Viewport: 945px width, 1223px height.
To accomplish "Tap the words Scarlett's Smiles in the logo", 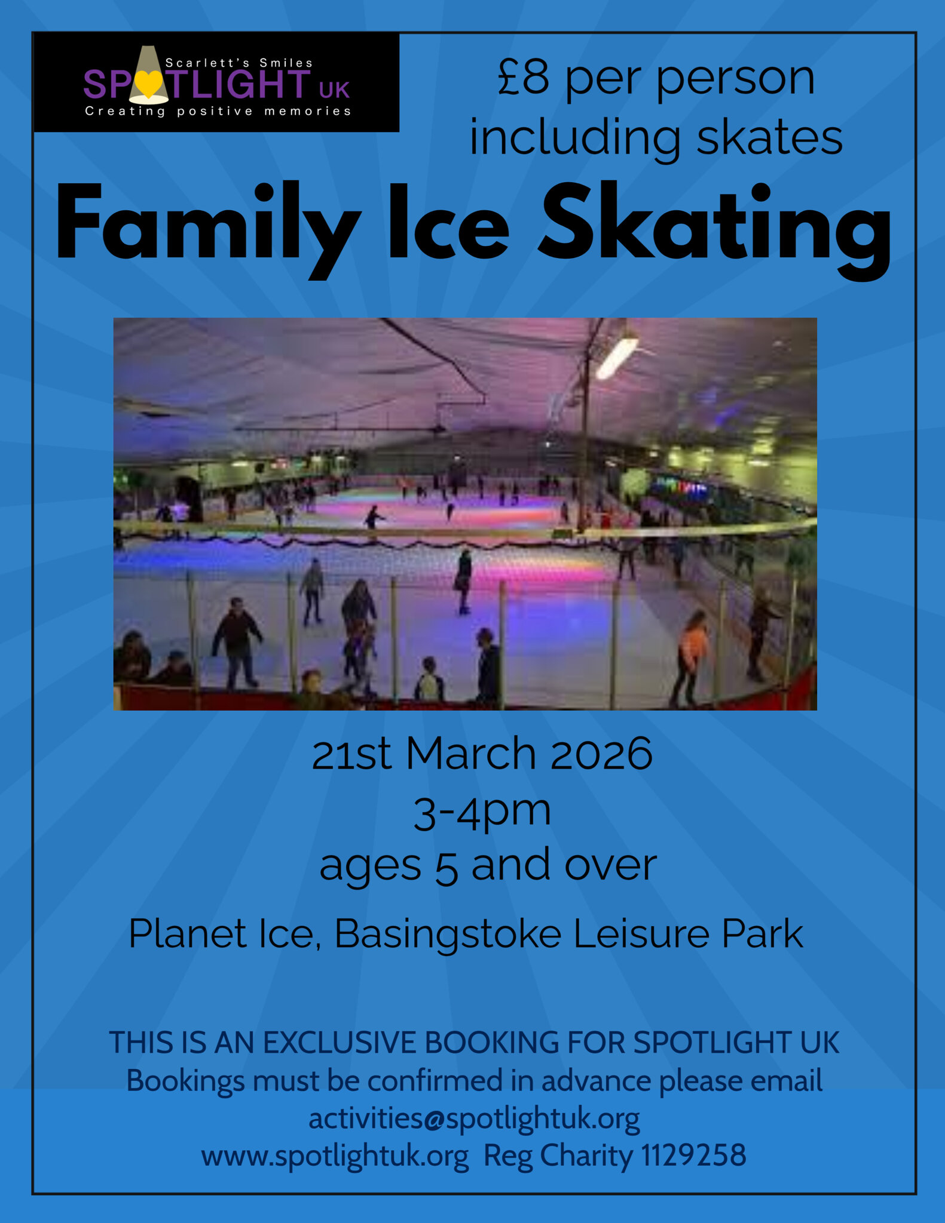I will [x=238, y=63].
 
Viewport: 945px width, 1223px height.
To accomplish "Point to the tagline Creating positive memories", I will [x=218, y=111].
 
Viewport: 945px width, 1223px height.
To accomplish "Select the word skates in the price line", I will [x=769, y=138].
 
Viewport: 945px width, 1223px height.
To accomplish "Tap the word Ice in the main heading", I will [x=448, y=223].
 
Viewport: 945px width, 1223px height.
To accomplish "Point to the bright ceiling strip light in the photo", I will [x=617, y=357].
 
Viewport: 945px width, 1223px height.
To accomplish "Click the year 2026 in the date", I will [x=601, y=754].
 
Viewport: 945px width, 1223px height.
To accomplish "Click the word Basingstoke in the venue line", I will [x=448, y=933].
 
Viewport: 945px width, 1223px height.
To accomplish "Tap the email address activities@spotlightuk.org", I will [x=474, y=1118].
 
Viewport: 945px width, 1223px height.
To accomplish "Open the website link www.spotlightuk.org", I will [x=335, y=1156].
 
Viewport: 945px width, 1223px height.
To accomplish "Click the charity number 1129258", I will [x=693, y=1155].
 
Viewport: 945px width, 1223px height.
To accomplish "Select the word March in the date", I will [x=470, y=754].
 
